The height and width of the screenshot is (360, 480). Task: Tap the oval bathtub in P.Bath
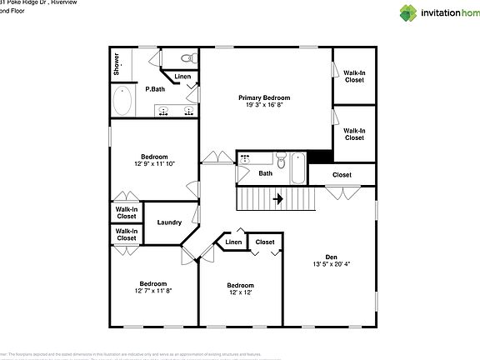pos(122,104)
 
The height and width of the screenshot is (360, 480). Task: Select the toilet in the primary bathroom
pos(189,57)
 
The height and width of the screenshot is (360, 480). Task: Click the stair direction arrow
pos(278,199)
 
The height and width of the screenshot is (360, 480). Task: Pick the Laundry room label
pos(169,222)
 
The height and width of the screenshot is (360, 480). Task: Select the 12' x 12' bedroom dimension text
pos(240,292)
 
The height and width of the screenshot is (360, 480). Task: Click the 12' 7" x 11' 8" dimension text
pos(153,291)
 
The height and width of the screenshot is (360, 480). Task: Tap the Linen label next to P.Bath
pos(182,77)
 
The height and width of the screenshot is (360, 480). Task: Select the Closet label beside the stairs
pos(342,175)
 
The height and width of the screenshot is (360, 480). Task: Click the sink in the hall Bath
pos(246,158)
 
